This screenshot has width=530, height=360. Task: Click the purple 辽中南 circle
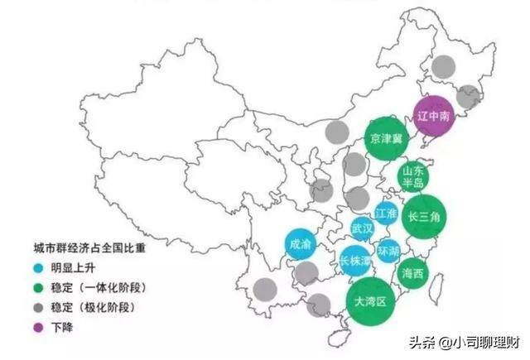point(433,117)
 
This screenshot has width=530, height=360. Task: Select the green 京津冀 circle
point(388,138)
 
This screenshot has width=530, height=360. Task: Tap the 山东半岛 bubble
point(412,176)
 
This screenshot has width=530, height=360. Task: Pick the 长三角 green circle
point(423,217)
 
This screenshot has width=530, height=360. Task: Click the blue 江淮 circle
point(387,214)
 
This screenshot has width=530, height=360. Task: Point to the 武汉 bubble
point(362,228)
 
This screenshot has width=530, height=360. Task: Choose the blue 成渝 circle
point(300,243)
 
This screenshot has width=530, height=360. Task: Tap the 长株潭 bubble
point(355,261)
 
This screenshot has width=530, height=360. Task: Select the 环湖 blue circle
point(388,250)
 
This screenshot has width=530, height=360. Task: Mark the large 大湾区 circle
point(369,300)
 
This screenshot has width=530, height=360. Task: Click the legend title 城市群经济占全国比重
point(88,247)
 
